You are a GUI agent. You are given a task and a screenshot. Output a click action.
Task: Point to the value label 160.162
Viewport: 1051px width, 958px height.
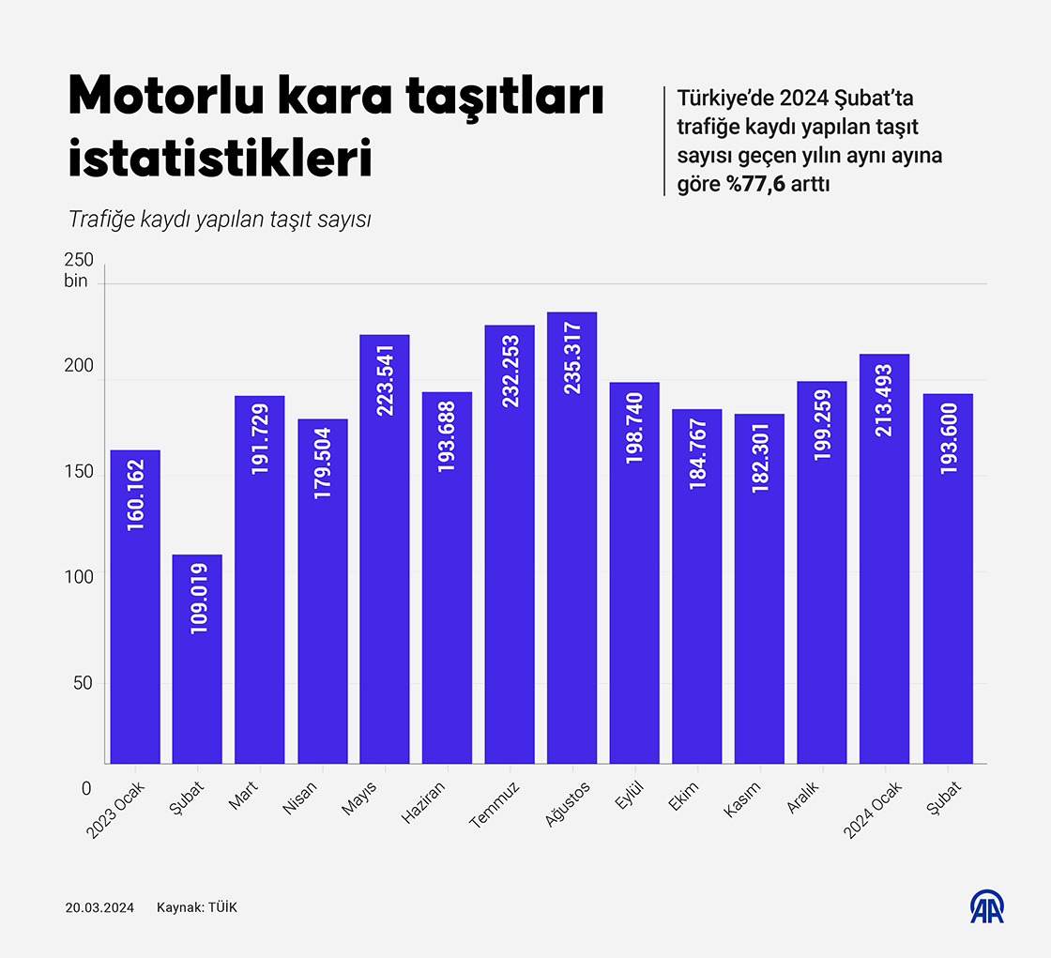pos(136,503)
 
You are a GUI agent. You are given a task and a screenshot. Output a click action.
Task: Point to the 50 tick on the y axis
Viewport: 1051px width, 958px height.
pos(84,683)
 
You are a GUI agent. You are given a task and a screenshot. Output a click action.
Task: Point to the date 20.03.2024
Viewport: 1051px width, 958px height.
pos(99,907)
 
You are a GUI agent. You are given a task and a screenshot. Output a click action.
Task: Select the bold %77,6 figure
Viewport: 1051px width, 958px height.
pos(755,184)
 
